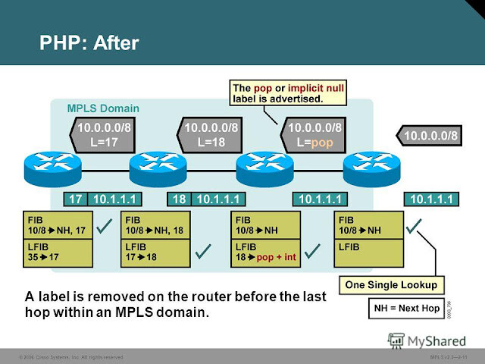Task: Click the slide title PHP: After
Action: [x=89, y=42]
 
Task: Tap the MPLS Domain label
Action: [x=102, y=108]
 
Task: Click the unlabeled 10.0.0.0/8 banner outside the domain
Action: [x=429, y=136]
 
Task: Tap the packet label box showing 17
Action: [x=74, y=199]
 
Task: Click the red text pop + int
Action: [x=277, y=258]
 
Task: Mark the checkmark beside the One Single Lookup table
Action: [x=415, y=225]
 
